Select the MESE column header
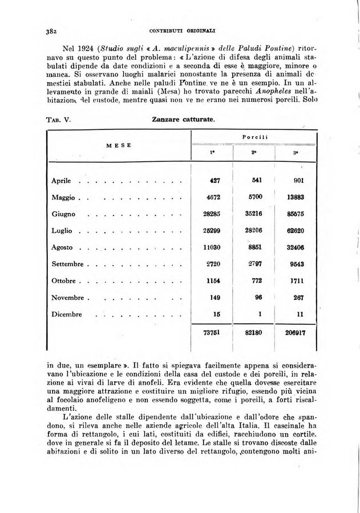118,145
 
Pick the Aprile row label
61,181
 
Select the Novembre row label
68,298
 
